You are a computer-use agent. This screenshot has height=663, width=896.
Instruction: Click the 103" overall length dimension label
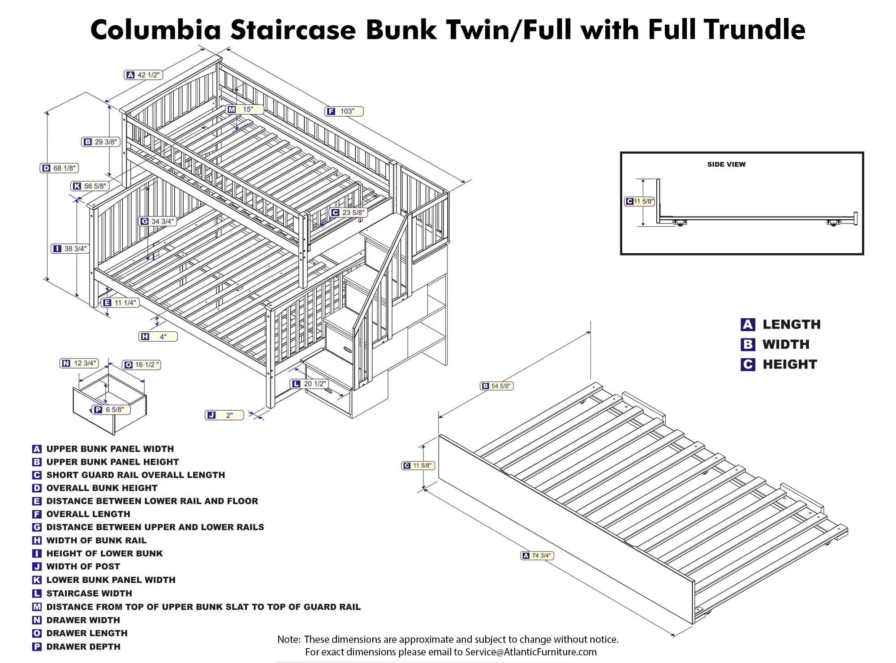[x=344, y=111]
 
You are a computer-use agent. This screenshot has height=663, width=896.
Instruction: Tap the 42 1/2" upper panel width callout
[x=143, y=75]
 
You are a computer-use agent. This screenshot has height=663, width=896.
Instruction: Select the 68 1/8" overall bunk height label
[x=60, y=168]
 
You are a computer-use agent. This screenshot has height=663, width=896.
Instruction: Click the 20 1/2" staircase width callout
[x=310, y=384]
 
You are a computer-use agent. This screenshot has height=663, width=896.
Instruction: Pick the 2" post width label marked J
[x=224, y=415]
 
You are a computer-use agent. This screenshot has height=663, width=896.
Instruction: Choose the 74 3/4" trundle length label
[x=537, y=555]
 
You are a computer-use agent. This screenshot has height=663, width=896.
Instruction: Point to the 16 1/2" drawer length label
[x=142, y=365]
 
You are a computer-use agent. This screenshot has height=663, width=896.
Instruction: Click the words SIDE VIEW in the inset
[x=726, y=165]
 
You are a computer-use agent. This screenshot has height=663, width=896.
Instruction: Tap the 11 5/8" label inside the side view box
[x=640, y=201]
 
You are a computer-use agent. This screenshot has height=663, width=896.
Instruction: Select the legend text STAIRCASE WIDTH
[x=89, y=593]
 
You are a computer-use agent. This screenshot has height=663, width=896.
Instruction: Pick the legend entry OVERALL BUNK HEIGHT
[x=102, y=488]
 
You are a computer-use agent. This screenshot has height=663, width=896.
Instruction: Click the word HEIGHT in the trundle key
[x=790, y=364]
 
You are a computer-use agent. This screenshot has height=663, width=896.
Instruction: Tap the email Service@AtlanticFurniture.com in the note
[x=531, y=652]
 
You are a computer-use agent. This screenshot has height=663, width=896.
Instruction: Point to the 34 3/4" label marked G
[x=157, y=221]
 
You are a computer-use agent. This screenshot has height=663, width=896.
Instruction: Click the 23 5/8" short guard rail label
[x=349, y=212]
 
